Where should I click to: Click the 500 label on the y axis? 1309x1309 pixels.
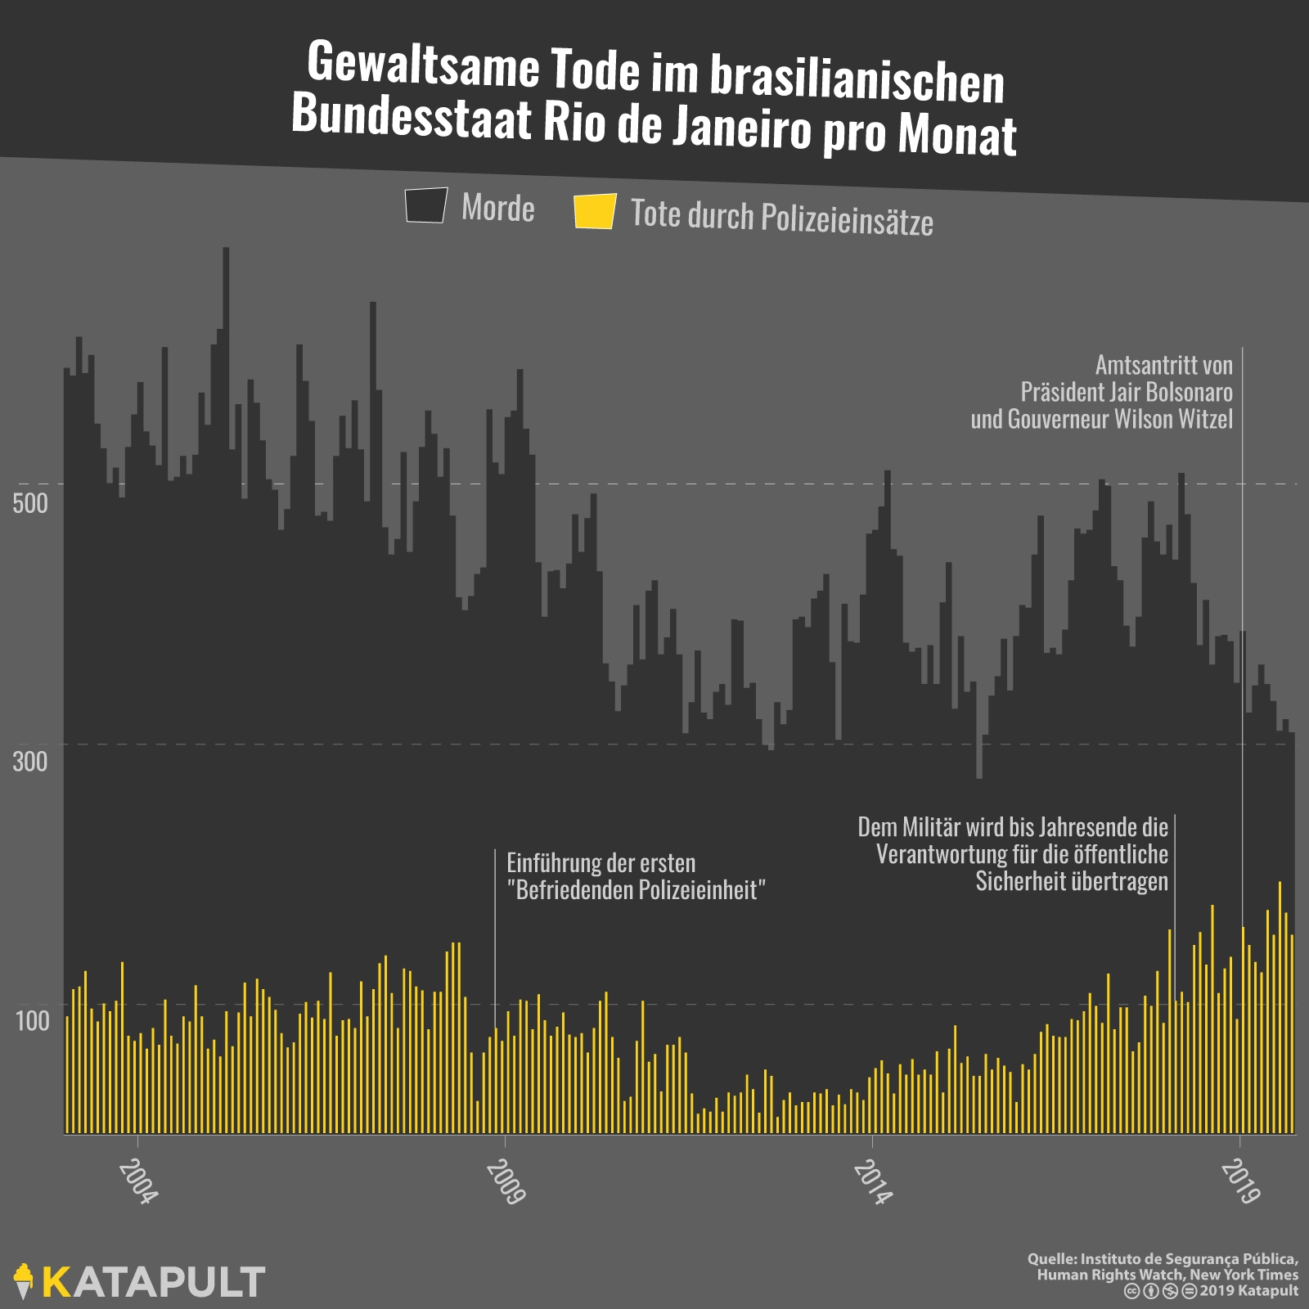click(30, 502)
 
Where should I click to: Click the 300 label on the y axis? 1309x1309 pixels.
click(30, 762)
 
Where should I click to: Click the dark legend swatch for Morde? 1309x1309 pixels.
click(425, 205)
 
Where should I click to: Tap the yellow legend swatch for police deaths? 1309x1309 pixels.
click(595, 211)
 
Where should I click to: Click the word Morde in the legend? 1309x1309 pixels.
click(497, 208)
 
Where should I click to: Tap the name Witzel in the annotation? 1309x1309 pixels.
click(1203, 419)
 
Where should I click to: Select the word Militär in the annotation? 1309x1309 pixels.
click(930, 827)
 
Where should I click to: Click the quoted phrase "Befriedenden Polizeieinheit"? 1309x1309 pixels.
click(636, 889)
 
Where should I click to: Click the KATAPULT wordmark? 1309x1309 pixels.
click(154, 1282)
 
